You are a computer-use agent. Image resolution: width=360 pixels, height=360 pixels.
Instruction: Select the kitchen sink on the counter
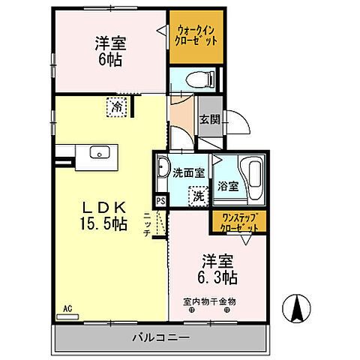pyautogui.click(x=100, y=152)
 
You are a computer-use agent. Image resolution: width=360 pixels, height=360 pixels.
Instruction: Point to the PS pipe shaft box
pyautogui.click(x=160, y=201)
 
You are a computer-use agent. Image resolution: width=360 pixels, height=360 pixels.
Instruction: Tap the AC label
pyautogui.click(x=67, y=308)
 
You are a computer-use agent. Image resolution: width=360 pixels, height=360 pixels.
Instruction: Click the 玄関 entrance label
pyautogui.click(x=209, y=118)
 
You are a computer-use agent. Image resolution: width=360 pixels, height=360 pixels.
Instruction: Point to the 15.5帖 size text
pyautogui.click(x=100, y=223)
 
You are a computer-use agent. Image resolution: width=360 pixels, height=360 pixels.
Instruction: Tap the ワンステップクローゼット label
pyautogui.click(x=238, y=221)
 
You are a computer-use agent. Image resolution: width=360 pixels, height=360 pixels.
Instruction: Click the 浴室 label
pyautogui.click(x=228, y=187)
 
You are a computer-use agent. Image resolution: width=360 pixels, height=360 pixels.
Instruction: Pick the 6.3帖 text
pyautogui.click(x=219, y=277)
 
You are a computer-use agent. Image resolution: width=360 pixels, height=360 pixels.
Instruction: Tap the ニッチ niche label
pyautogui.click(x=148, y=223)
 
